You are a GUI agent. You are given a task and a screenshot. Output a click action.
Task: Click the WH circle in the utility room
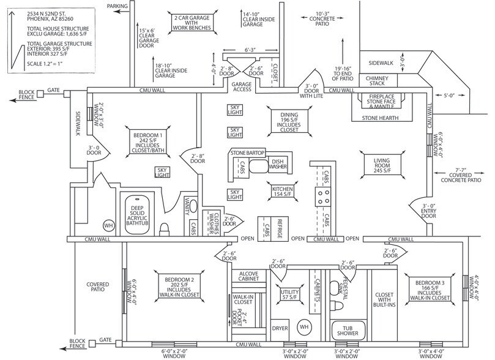(x=304, y=328)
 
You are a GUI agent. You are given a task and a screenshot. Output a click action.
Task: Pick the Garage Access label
(x=241, y=86)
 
